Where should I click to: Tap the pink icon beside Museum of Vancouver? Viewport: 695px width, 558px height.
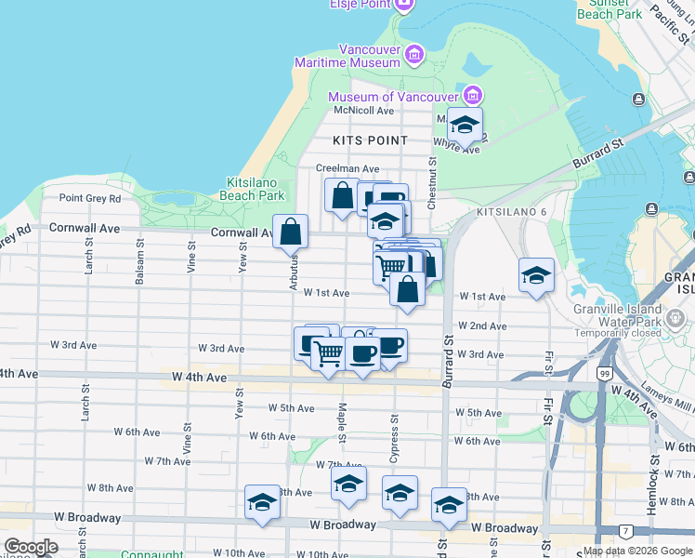click(474, 95)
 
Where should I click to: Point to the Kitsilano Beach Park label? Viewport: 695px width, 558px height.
click(252, 190)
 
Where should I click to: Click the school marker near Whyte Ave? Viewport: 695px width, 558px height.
click(464, 124)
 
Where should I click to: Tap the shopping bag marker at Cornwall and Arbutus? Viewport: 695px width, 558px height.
click(291, 232)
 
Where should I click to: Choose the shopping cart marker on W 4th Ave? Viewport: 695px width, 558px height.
click(327, 353)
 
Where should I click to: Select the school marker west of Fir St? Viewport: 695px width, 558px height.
click(536, 276)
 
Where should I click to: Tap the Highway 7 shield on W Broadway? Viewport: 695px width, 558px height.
click(626, 532)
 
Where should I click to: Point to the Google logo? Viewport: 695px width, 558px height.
click(31, 547)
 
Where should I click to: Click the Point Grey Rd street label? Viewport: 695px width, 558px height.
click(90, 198)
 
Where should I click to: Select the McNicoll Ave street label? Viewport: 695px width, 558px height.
click(364, 110)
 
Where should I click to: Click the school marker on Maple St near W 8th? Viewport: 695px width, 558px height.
click(348, 485)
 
